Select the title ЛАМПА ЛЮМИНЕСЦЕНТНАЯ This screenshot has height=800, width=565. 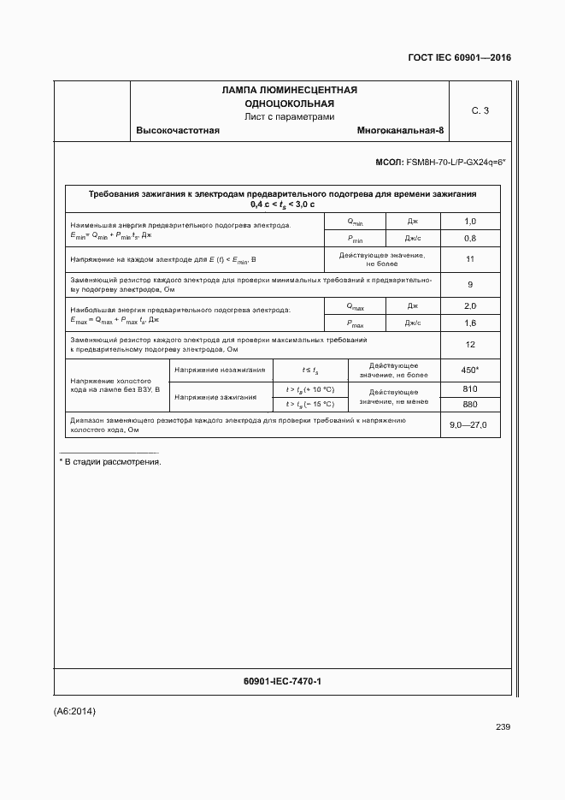(289, 90)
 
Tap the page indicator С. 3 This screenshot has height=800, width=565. (480, 110)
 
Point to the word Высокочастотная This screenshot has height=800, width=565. (178, 130)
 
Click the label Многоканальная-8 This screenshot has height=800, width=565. (401, 130)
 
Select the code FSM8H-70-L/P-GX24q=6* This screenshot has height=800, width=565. (456, 161)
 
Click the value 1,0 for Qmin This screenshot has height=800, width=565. (469, 222)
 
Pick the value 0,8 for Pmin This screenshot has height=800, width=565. (469, 238)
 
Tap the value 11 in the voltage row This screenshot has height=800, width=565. (469, 259)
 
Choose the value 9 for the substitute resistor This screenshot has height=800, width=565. (469, 284)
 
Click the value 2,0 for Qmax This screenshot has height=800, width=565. (469, 306)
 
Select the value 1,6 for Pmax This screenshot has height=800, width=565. (469, 323)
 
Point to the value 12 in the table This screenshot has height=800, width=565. (469, 345)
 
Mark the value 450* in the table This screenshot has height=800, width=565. (469, 370)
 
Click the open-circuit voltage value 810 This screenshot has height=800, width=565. (469, 388)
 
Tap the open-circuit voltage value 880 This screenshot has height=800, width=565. (469, 404)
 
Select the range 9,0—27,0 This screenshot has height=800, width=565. (469, 425)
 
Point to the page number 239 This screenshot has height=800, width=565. (503, 727)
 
